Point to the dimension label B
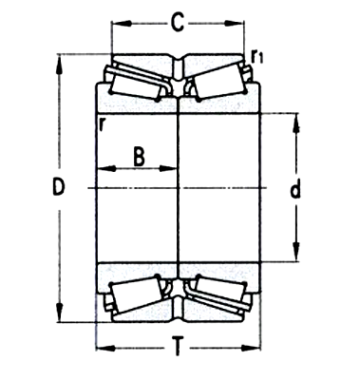click(x=139, y=155)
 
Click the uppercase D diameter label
click(x=58, y=189)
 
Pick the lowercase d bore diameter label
click(x=295, y=189)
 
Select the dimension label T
click(x=178, y=348)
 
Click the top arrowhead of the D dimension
click(x=63, y=60)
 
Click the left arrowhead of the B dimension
click(x=100, y=169)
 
